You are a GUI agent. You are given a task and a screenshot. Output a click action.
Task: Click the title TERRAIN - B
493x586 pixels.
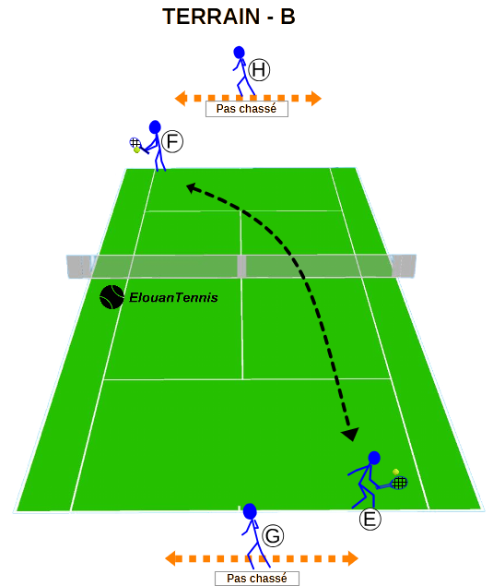tap(229, 17)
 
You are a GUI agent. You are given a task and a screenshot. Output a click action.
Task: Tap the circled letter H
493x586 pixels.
tap(259, 69)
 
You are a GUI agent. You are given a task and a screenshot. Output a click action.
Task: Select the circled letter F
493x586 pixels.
tap(172, 141)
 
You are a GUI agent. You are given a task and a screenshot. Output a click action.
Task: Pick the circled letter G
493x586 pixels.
tap(273, 535)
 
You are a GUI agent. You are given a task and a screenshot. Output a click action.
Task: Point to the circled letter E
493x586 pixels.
tap(370, 520)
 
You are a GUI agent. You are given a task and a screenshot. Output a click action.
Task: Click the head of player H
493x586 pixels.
tap(239, 53)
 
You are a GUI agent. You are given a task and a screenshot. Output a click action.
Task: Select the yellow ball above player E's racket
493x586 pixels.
tap(396, 472)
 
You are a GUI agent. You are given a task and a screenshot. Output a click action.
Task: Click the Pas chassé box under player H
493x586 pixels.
tap(247, 109)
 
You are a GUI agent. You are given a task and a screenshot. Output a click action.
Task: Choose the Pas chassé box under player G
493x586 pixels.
tap(257, 578)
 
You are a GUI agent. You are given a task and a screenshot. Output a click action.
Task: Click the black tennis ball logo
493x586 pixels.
tap(112, 297)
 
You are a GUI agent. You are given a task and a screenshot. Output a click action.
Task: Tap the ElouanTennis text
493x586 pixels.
tap(173, 297)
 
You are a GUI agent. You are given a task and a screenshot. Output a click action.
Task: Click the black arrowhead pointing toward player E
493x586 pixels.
tap(350, 434)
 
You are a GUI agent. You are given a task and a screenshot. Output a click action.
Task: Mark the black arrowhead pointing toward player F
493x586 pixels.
tap(191, 187)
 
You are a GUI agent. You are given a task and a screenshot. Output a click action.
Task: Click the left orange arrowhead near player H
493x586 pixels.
tap(181, 99)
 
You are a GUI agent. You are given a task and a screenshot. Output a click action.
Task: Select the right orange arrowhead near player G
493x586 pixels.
tap(351, 558)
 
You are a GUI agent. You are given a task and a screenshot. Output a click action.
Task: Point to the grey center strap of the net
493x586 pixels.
tap(241, 267)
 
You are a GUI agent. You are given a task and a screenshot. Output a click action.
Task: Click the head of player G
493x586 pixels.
tap(250, 511)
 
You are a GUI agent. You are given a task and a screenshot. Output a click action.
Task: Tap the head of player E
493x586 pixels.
tap(374, 458)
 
